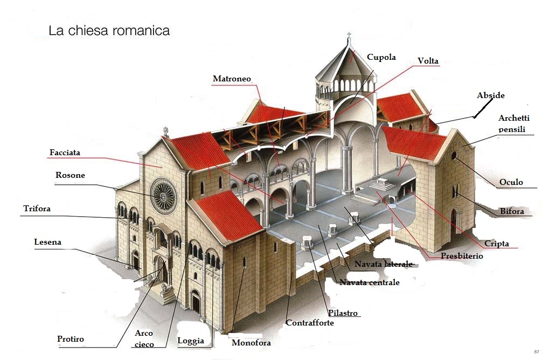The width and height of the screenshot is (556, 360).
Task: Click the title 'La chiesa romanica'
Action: [109, 31]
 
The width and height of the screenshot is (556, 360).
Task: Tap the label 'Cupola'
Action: [381, 57]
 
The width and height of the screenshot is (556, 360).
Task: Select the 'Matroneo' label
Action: [232, 79]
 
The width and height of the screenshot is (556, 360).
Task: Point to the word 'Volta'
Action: [428, 61]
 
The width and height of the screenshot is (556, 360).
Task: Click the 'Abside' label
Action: [490, 95]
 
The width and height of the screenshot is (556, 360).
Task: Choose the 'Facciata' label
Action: [65, 153]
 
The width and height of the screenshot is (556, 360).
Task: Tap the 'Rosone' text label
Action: [70, 175]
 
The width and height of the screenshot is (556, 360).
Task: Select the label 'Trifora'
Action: [37, 209]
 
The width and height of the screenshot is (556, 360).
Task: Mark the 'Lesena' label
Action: [47, 242]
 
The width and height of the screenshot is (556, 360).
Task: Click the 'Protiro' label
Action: [71, 339]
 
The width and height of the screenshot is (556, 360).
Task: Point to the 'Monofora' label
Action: [251, 343]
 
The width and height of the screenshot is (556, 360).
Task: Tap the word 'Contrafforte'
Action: [310, 323]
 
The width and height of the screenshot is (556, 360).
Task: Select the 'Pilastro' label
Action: [343, 313]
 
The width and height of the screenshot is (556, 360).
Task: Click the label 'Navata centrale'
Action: [370, 282]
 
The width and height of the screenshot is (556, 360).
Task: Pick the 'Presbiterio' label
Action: [462, 256]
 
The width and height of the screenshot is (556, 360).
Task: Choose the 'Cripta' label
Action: [496, 244]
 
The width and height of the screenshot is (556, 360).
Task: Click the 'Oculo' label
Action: [511, 182]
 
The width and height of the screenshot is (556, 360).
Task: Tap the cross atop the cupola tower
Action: [349, 37]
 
